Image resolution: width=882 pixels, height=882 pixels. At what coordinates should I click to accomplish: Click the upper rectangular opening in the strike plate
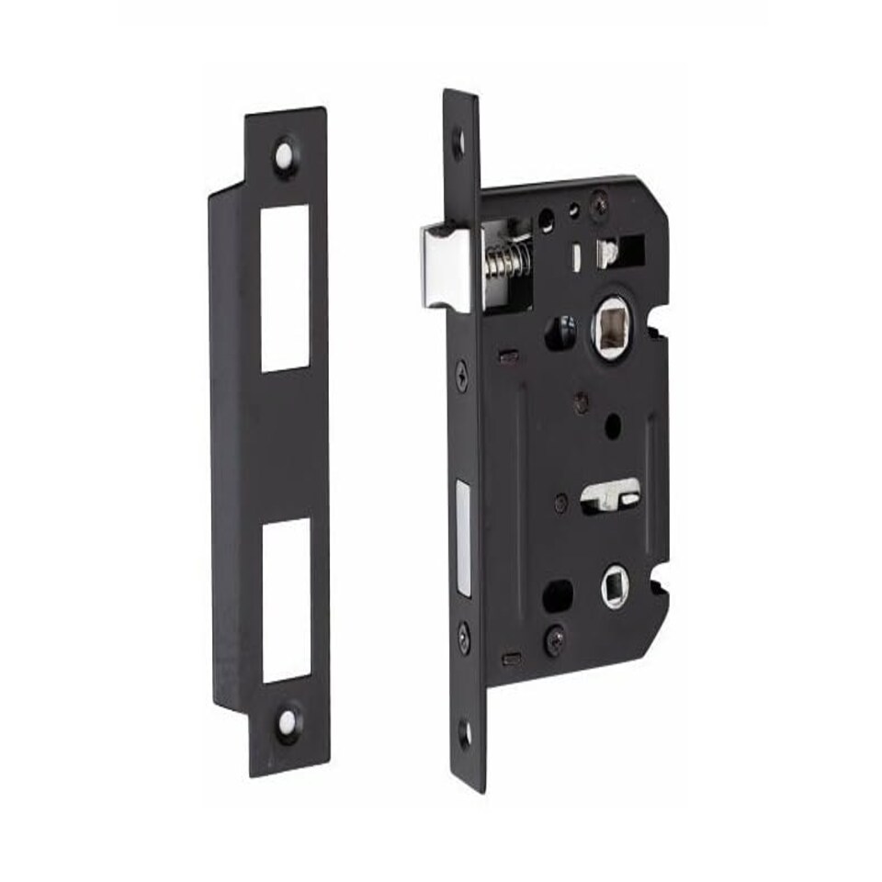pyautogui.click(x=285, y=288)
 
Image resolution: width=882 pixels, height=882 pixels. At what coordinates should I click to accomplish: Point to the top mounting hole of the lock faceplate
pyautogui.click(x=458, y=141)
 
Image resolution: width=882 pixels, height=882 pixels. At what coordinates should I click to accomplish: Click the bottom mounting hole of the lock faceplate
pyautogui.click(x=465, y=733)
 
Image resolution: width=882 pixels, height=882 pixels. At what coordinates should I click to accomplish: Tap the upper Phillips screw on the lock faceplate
pyautogui.click(x=461, y=375)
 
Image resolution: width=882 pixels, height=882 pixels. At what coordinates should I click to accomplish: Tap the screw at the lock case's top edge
pyautogui.click(x=599, y=196)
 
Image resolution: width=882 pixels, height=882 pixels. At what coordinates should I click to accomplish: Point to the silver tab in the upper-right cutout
pyautogui.click(x=608, y=253)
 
